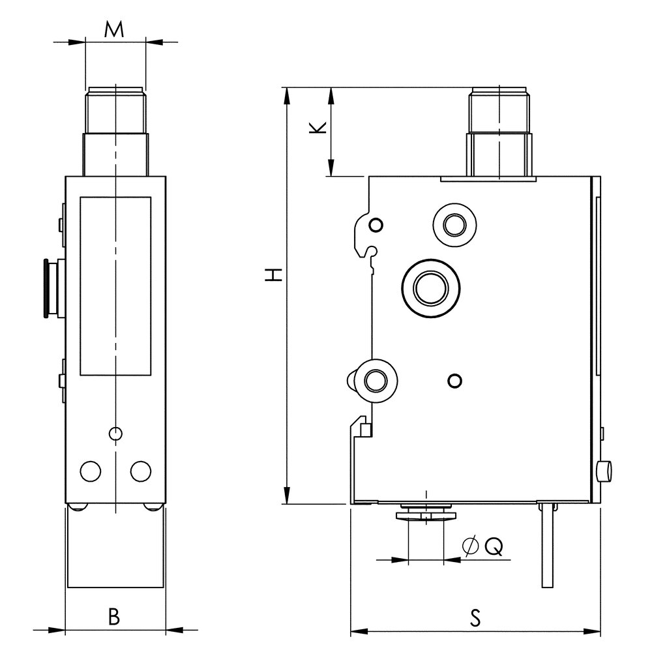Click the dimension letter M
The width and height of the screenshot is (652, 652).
click(115, 29)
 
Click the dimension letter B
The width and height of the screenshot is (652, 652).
click(114, 616)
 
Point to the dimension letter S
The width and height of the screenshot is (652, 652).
click(475, 616)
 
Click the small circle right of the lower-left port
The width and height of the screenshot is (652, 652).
click(456, 379)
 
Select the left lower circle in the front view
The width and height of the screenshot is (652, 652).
click(90, 470)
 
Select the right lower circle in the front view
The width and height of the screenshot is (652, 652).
click(140, 470)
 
